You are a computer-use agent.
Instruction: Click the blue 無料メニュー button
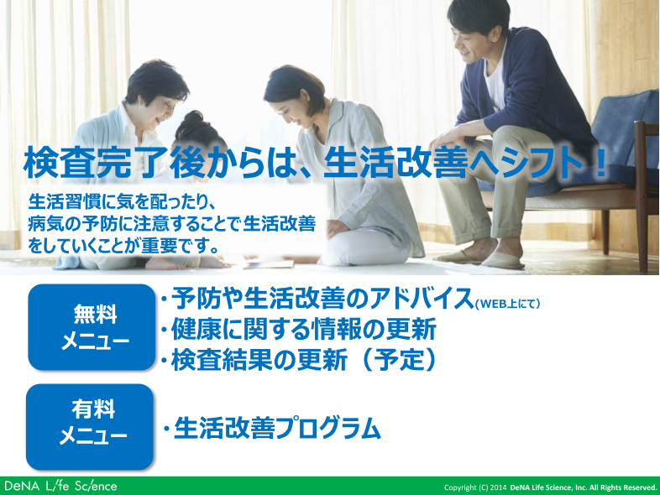point(92,327)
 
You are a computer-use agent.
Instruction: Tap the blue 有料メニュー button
point(90,426)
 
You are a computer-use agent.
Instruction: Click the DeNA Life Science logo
point(60,486)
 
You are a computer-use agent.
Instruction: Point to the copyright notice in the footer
point(551,487)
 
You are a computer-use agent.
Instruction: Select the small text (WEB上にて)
point(507,303)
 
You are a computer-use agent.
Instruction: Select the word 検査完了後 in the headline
point(114,162)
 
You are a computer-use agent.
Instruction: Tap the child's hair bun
point(194,117)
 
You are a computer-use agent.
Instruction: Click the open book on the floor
point(269,264)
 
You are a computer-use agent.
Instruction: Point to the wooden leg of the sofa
point(605,232)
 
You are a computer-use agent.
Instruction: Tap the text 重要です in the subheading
point(174,246)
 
